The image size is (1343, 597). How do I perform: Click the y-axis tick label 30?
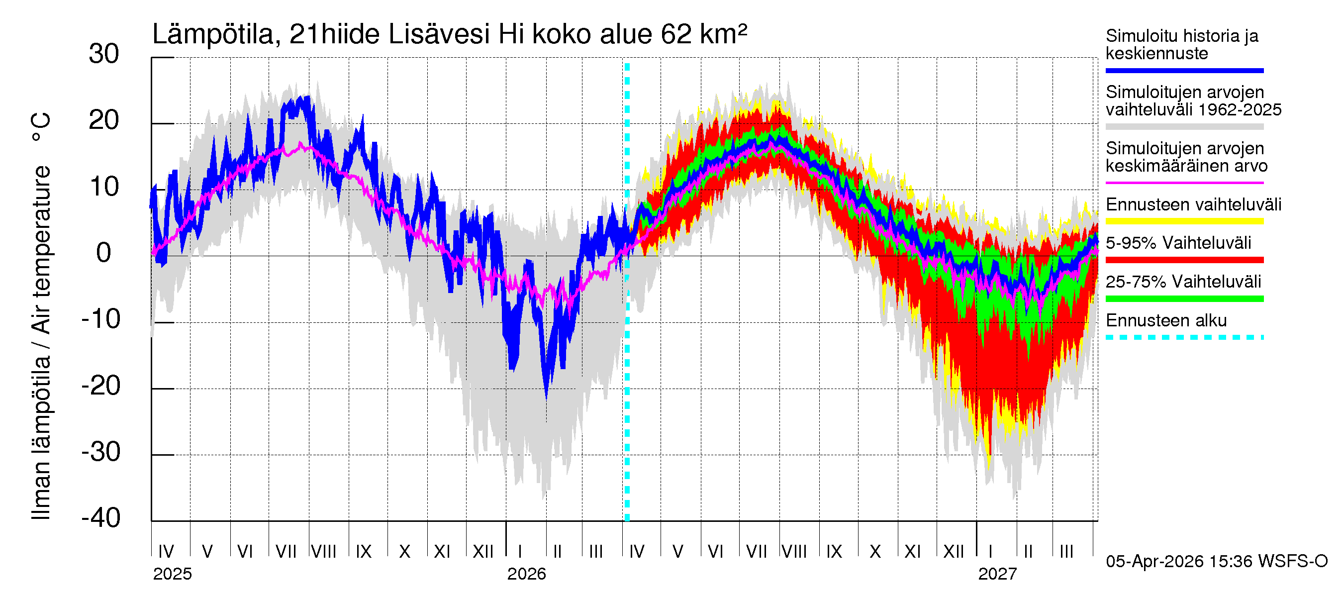pos(104,54)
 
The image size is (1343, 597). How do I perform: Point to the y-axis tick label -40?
pos(101,518)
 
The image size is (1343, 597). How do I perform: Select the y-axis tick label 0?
pos(104,253)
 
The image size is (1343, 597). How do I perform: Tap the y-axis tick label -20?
pos(101,387)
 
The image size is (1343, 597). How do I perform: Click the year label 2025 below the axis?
pos(172,574)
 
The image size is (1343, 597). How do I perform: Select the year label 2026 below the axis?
pos(527,574)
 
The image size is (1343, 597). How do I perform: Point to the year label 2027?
pos(997,574)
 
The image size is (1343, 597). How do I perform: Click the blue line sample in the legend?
pos(1184,70)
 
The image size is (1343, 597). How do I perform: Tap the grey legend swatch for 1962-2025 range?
pos(1184,127)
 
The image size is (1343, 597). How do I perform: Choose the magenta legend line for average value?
pos(1184,183)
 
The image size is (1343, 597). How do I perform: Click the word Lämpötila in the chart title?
pos(213,35)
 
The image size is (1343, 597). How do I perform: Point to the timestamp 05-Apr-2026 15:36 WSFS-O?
pos(1216,562)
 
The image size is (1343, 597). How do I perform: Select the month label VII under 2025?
pos(286,551)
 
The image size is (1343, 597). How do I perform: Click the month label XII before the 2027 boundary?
pos(954,551)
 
